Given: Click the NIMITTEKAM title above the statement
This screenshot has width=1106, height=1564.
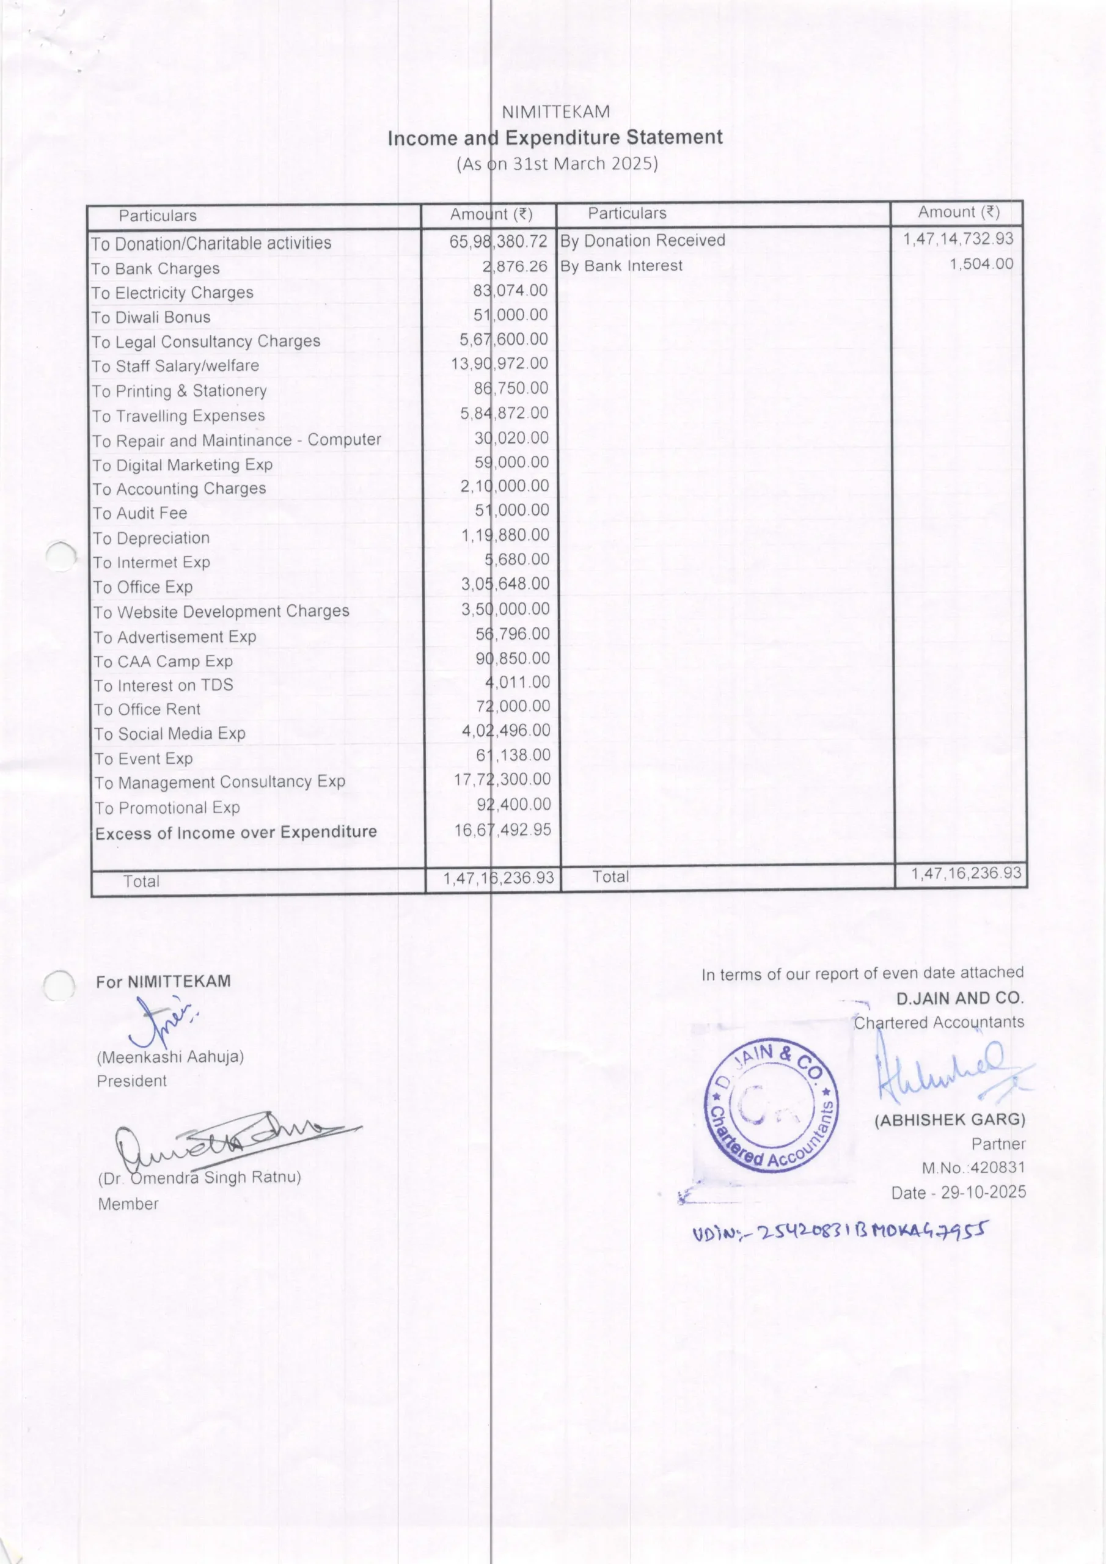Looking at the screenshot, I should [555, 112].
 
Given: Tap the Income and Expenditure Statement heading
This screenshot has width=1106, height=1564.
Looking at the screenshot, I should [555, 137].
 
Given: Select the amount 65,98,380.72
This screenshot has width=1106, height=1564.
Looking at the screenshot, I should [498, 242].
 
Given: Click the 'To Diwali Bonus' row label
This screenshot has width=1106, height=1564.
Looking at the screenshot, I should [152, 318].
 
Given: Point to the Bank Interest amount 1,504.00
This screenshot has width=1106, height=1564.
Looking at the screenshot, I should [981, 265].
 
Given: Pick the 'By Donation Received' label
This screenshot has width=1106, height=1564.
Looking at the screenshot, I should [642, 241].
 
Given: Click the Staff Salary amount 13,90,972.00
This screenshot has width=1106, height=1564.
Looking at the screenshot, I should [499, 364].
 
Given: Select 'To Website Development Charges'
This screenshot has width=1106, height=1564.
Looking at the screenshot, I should [221, 612].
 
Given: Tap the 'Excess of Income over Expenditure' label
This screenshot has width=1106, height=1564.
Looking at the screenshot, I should [236, 833].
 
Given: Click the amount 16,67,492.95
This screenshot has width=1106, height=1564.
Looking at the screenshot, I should [502, 830].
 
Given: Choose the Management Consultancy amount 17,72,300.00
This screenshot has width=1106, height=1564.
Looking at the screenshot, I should [502, 780].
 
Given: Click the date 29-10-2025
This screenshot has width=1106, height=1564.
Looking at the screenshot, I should [983, 1192].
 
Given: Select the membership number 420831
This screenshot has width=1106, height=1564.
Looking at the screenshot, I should [998, 1167].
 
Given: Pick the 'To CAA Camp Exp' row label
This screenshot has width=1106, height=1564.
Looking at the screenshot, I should [164, 662].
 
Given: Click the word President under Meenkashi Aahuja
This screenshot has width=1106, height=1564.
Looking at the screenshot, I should [131, 1081].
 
